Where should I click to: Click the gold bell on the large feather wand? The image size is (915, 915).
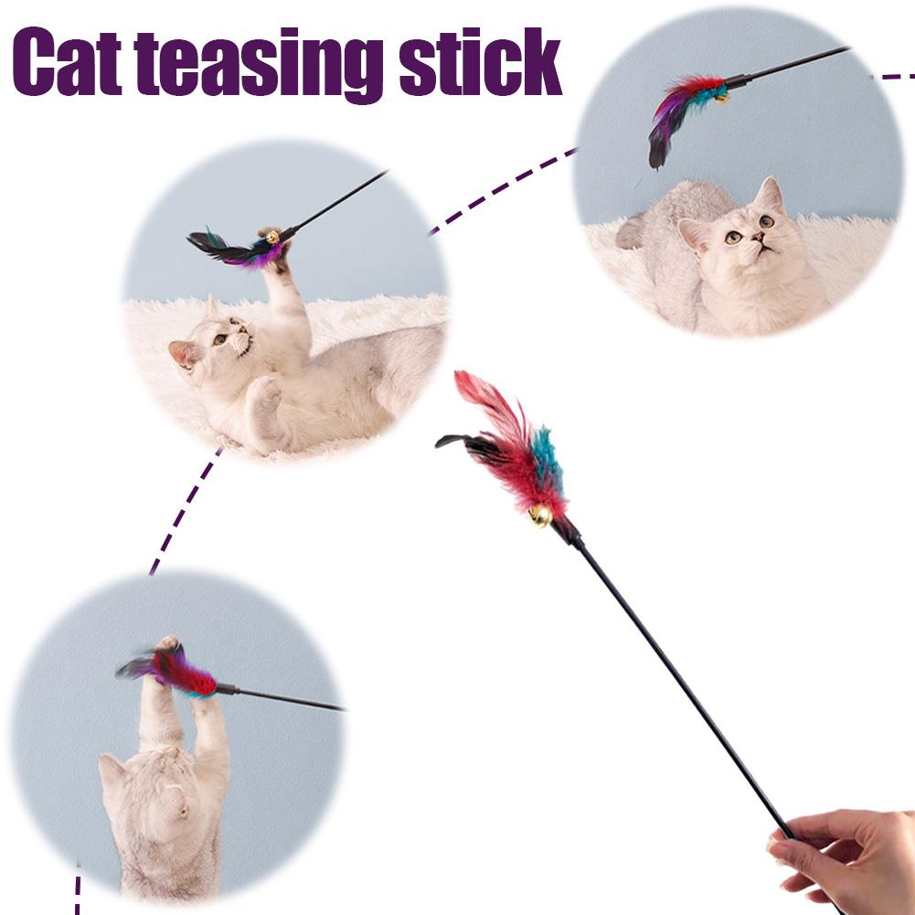pos(540,516)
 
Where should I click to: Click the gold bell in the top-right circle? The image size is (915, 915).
pos(721,94)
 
